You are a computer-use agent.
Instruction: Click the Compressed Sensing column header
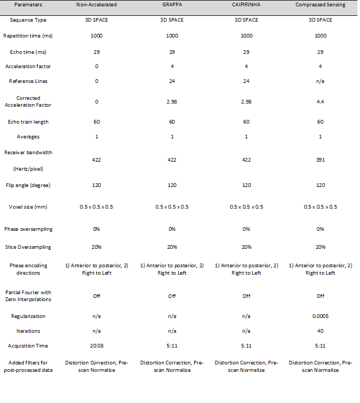[x=320, y=5]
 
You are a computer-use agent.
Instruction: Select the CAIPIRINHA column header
[x=246, y=5]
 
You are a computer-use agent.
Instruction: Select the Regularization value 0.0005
[x=320, y=316]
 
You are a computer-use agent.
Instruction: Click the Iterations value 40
[x=320, y=331]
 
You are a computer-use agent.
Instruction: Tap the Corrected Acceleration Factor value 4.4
[x=320, y=101]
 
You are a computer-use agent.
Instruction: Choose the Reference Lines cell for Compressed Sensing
[x=320, y=81]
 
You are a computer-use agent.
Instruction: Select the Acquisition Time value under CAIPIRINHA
[x=246, y=346]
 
